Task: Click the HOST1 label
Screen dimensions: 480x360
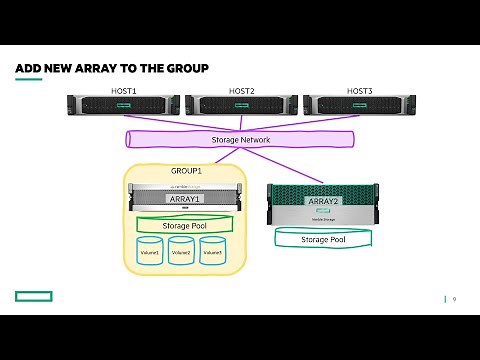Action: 123,91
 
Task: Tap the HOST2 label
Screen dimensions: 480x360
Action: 241,91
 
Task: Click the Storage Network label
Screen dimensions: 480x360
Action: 241,140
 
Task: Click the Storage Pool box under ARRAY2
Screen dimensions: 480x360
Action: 323,240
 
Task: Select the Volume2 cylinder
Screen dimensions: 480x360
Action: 181,252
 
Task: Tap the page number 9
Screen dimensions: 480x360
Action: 454,299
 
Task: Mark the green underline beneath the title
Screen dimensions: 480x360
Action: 28,79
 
